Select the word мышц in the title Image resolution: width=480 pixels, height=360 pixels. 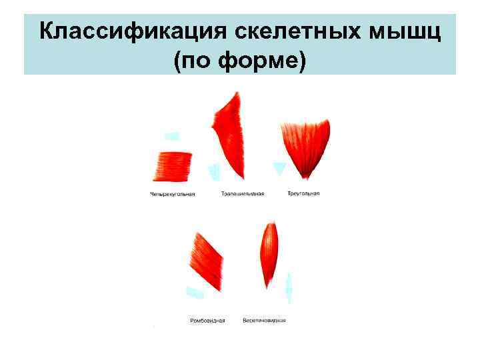407,31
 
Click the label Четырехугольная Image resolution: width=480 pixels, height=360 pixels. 173,195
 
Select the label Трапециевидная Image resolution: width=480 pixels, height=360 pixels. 243,194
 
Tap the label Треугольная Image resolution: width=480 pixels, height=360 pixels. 303,193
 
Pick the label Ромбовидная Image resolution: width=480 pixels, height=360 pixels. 207,321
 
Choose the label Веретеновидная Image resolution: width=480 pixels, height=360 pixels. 264,320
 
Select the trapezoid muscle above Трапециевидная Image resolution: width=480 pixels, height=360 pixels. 229,133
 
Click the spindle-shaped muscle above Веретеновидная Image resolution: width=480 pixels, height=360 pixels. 269,253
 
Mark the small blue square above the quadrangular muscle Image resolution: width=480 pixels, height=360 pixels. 172,136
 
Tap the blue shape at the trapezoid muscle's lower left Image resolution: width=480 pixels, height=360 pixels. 214,172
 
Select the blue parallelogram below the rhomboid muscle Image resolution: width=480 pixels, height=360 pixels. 195,293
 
